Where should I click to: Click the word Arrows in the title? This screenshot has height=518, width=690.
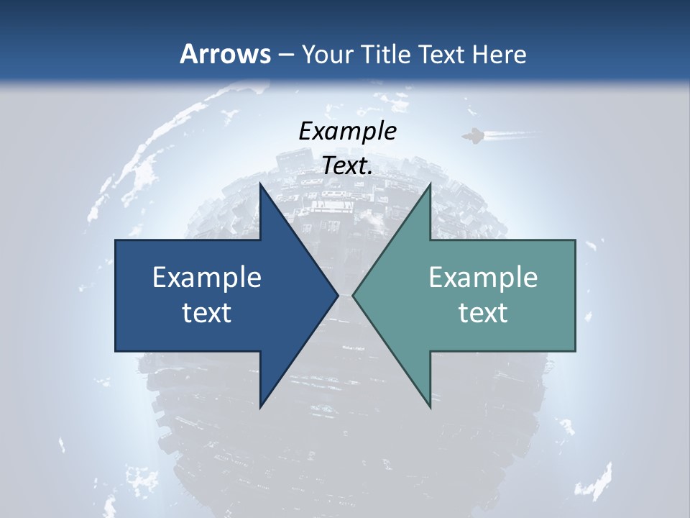[x=225, y=54]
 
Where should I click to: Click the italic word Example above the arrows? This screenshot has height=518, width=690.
[x=347, y=131]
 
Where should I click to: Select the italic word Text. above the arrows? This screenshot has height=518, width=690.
[x=347, y=165]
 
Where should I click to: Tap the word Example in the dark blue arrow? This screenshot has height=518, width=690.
[x=207, y=277]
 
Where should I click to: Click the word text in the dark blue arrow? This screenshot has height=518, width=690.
[x=207, y=313]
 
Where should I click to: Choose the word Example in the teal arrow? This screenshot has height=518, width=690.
[x=483, y=277]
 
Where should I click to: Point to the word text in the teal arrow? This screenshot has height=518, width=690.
[x=483, y=313]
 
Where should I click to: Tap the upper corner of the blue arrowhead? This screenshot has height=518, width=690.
[x=260, y=185]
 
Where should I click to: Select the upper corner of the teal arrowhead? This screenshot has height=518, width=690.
[x=430, y=185]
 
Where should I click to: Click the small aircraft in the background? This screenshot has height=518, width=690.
[x=472, y=136]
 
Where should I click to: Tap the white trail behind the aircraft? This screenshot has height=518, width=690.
[x=510, y=135]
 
